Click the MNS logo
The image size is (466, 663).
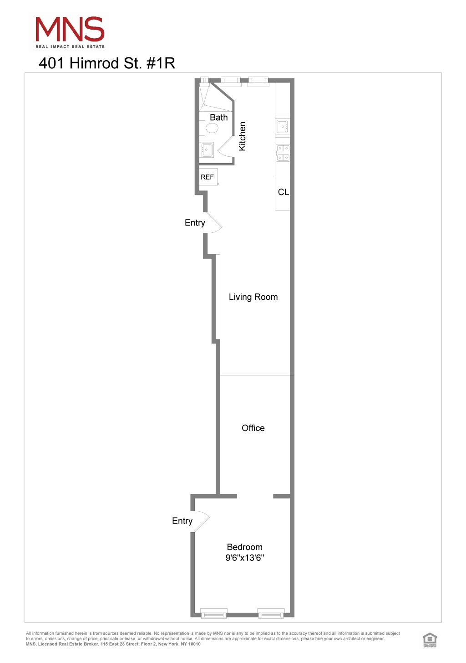point(70,32)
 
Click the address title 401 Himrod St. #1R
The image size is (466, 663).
point(107,63)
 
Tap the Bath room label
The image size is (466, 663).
point(218,118)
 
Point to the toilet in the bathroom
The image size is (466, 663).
point(212,128)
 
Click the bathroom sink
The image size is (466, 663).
point(207,149)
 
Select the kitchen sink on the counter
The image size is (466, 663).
point(282,126)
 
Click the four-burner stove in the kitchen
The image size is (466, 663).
point(283,153)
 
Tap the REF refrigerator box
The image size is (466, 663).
point(208,177)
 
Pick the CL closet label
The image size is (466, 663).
point(283,192)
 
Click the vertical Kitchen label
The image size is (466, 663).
point(242,136)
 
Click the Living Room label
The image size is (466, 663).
point(253,297)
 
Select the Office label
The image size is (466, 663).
point(253,428)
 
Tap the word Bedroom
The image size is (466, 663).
point(244,547)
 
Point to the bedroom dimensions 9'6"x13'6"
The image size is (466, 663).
point(245,558)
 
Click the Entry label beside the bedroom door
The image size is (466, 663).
point(182,521)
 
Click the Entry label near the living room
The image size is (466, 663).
point(195,223)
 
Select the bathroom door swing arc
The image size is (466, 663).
point(225,147)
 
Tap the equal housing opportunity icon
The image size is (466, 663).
point(429,639)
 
